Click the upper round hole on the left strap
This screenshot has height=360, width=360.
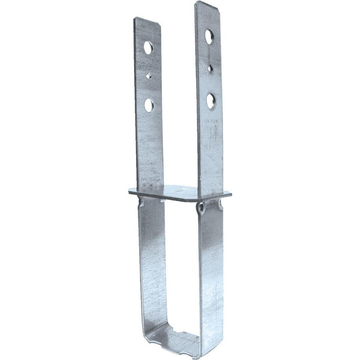148,47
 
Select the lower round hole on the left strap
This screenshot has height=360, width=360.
149,104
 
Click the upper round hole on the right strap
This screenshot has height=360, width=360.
210,37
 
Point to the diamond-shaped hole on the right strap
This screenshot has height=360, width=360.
210,68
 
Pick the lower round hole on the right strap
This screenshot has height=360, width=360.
211,99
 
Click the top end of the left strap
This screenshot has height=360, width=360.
147,21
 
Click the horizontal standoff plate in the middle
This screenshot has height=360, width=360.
180,192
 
